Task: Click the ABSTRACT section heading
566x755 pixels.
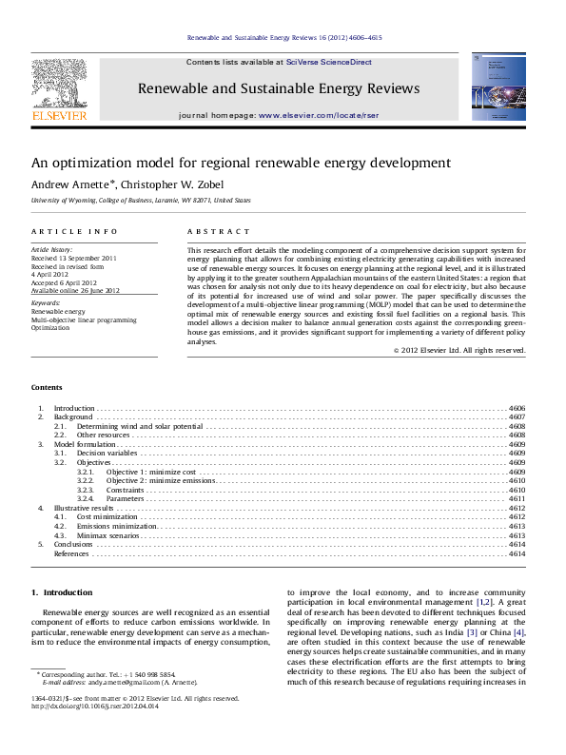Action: pos(218,231)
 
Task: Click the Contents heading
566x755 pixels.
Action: pos(47,388)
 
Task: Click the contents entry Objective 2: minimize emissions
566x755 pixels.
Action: pos(161,481)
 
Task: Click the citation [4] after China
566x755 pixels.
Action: pos(518,632)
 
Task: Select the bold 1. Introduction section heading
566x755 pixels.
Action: pos(62,592)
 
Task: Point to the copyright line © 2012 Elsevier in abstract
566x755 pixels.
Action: pos(459,350)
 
